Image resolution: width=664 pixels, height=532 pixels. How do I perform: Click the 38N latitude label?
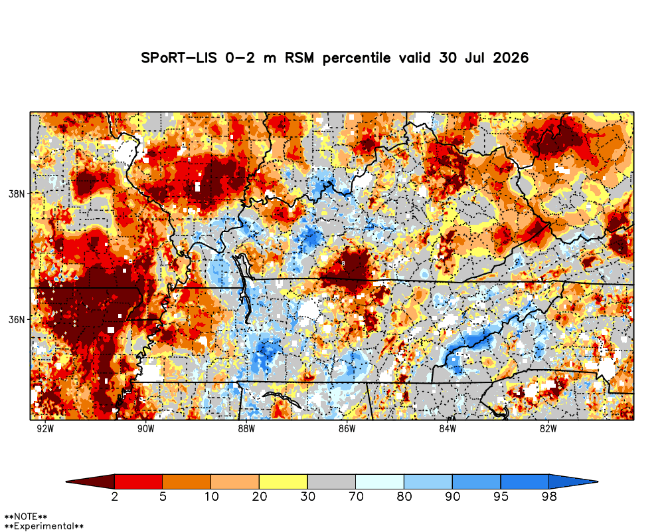tap(17, 194)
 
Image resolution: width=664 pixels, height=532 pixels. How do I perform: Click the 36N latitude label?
tap(17, 319)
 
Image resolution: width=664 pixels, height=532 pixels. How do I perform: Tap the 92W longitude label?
tap(45, 428)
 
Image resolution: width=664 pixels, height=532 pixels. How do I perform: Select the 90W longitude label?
tap(145, 428)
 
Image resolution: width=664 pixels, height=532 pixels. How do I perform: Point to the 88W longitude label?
tap(246, 428)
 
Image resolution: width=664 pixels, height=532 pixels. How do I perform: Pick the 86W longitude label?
tap(347, 428)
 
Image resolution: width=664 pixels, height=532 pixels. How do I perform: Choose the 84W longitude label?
tap(448, 428)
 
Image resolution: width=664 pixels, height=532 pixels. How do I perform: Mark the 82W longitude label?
tap(548, 428)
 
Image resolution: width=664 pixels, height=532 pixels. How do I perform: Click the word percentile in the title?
tap(357, 59)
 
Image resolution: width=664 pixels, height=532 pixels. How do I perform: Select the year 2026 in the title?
tap(511, 58)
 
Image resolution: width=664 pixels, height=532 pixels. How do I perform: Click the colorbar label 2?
tap(114, 496)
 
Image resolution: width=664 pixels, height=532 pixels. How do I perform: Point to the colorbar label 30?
tap(307, 496)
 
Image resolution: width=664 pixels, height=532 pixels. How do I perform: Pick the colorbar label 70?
tap(356, 496)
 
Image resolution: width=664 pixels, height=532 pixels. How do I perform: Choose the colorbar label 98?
tap(549, 496)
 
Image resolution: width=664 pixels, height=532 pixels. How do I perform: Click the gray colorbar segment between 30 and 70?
tap(331, 481)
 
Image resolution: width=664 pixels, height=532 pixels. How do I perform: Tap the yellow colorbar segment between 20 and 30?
tap(284, 481)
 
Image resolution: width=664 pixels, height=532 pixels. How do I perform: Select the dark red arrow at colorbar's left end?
tap(90, 481)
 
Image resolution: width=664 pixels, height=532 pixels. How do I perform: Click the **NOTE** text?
tap(25, 517)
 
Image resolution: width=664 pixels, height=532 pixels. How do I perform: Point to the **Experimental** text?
tap(44, 527)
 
